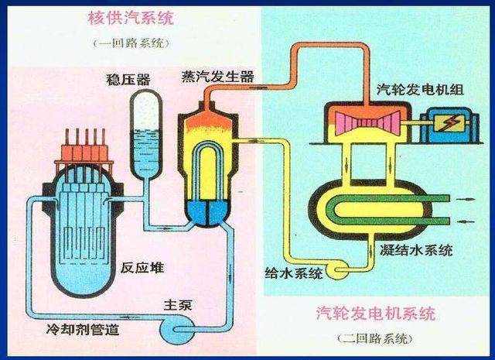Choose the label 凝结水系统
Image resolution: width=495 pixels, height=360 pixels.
(x=418, y=250)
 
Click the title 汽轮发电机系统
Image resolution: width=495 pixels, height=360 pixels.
(x=376, y=314)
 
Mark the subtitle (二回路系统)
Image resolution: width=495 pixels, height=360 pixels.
(x=376, y=339)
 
